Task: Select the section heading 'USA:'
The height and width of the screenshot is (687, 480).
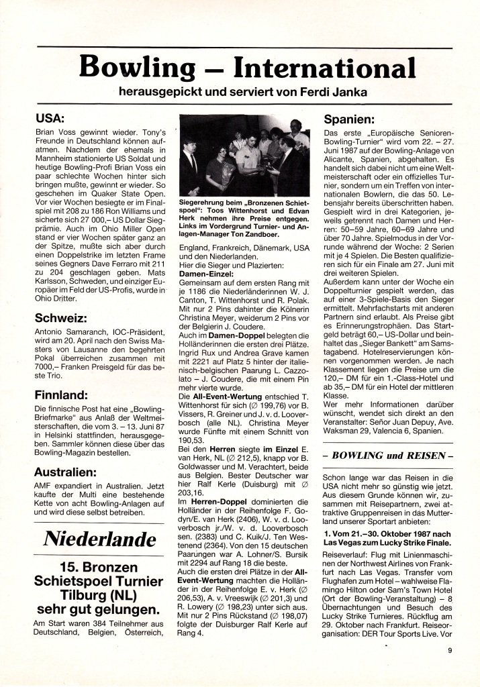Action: click(50, 119)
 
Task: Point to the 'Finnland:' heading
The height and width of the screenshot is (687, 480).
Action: click(61, 394)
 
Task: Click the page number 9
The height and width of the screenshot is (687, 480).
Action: click(450, 649)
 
